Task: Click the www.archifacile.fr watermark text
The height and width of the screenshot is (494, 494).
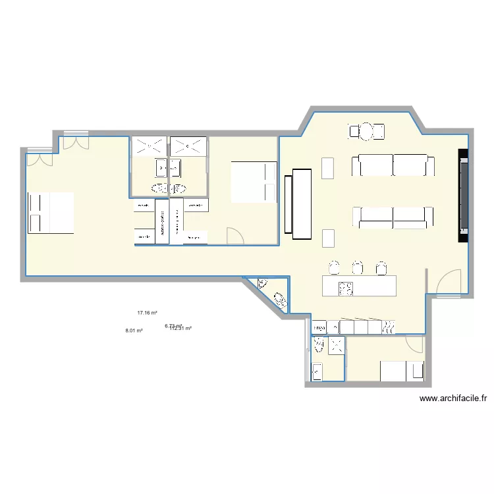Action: click(453, 398)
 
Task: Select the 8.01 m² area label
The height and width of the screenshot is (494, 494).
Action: click(134, 331)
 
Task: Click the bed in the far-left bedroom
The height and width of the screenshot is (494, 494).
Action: click(50, 213)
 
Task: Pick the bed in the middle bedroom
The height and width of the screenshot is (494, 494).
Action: click(253, 182)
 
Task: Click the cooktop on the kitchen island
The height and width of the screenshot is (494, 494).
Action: click(346, 287)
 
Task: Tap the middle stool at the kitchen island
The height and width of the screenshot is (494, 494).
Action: click(358, 267)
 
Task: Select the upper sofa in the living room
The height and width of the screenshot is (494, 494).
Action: click(393, 165)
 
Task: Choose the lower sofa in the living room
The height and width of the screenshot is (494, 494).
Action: click(393, 217)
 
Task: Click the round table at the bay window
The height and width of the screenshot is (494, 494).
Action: click(366, 132)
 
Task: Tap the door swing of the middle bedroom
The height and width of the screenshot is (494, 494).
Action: click(235, 236)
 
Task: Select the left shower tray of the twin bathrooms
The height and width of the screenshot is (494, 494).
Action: click(150, 146)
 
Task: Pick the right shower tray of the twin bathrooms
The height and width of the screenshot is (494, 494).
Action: click(188, 146)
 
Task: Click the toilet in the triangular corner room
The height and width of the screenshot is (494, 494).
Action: click(281, 300)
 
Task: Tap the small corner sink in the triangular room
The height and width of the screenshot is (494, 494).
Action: click(263, 284)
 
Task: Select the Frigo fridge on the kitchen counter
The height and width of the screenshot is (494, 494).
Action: click(319, 327)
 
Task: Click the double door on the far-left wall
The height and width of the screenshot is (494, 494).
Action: click(41, 158)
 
